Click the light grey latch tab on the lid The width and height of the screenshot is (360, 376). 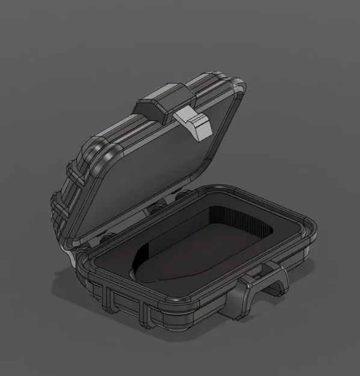click(x=197, y=122)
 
